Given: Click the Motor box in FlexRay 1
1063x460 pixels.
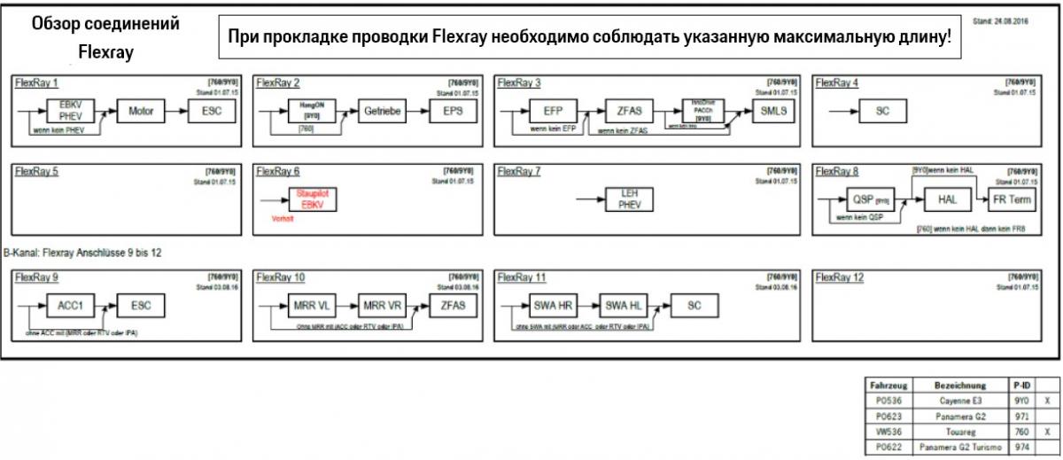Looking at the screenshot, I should (141, 112).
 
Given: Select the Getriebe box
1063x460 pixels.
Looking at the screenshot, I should (383, 112).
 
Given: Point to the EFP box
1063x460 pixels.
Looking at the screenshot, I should (560, 112).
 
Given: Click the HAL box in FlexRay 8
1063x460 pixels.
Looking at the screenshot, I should (947, 199).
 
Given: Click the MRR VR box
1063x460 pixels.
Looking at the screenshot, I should (383, 306).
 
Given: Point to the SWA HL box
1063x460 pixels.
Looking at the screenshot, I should (626, 306).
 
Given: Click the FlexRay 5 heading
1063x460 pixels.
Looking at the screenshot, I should (36, 172).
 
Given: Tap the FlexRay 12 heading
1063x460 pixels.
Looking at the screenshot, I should (839, 278).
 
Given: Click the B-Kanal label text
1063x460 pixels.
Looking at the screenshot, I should (82, 253).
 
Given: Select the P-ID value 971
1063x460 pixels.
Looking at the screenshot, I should (1021, 416).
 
